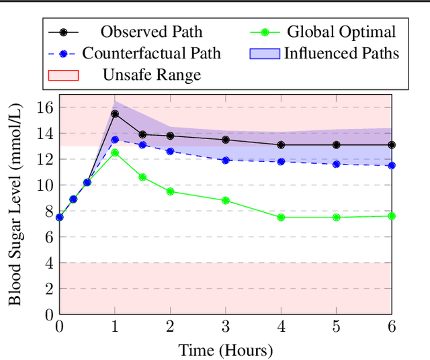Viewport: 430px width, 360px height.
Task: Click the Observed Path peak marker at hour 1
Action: click(115, 114)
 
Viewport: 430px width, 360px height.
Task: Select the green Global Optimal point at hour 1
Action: click(115, 153)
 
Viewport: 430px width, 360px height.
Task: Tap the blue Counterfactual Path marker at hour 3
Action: click(226, 161)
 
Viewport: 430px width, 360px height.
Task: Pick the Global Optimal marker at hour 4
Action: click(281, 218)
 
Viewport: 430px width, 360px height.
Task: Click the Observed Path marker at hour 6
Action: click(392, 145)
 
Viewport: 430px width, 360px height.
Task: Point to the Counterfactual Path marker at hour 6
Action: click(392, 165)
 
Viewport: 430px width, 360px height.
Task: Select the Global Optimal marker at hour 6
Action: click(392, 216)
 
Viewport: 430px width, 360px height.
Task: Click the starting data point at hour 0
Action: click(60, 217)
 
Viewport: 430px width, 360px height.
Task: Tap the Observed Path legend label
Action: click(151, 32)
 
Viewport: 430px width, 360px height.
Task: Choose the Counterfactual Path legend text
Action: click(151, 53)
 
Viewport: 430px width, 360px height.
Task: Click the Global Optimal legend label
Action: click(341, 32)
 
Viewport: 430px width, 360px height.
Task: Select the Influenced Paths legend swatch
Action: click(263, 53)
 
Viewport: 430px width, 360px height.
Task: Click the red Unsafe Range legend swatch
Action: click(63, 75)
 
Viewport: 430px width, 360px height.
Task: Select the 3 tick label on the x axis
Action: click(226, 327)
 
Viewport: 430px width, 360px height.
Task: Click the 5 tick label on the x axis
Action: click(337, 327)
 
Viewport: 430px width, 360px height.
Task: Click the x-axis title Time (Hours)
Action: click(226, 350)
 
